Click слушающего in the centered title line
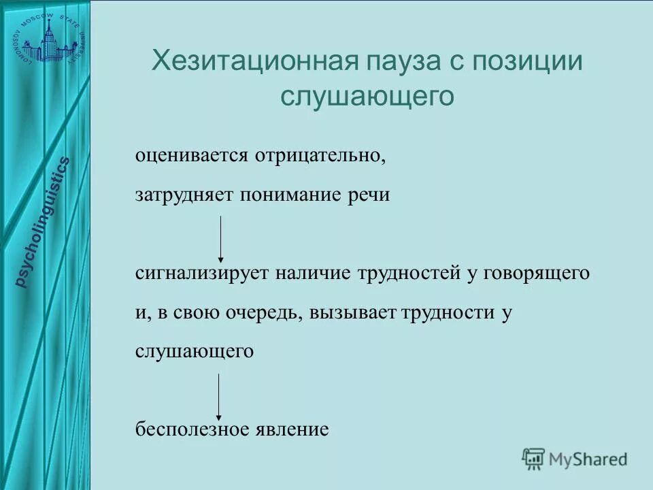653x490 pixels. click(x=367, y=96)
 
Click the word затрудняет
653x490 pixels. click(x=184, y=195)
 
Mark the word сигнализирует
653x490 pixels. click(x=202, y=273)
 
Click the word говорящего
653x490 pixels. click(x=537, y=273)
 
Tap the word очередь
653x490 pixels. click(x=264, y=312)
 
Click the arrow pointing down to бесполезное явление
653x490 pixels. click(x=218, y=396)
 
